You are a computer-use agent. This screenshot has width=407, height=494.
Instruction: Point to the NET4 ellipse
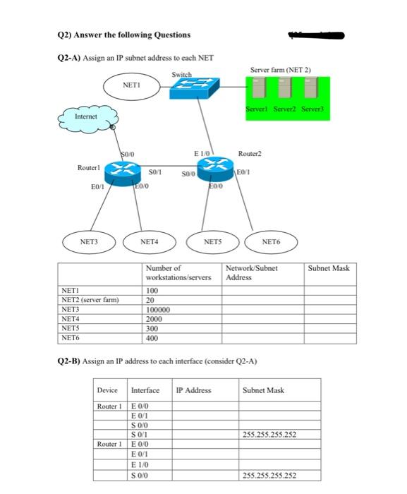pyautogui.click(x=149, y=241)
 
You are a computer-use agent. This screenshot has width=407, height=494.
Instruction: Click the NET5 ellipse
pyautogui.click(x=212, y=241)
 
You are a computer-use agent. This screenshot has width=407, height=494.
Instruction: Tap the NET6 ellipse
pyautogui.click(x=271, y=241)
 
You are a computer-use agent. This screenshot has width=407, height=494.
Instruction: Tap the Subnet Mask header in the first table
pyautogui.click(x=328, y=268)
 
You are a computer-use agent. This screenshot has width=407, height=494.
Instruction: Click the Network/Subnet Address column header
pyautogui.click(x=252, y=273)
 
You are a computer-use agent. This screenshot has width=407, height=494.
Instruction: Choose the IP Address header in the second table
pyautogui.click(x=193, y=390)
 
